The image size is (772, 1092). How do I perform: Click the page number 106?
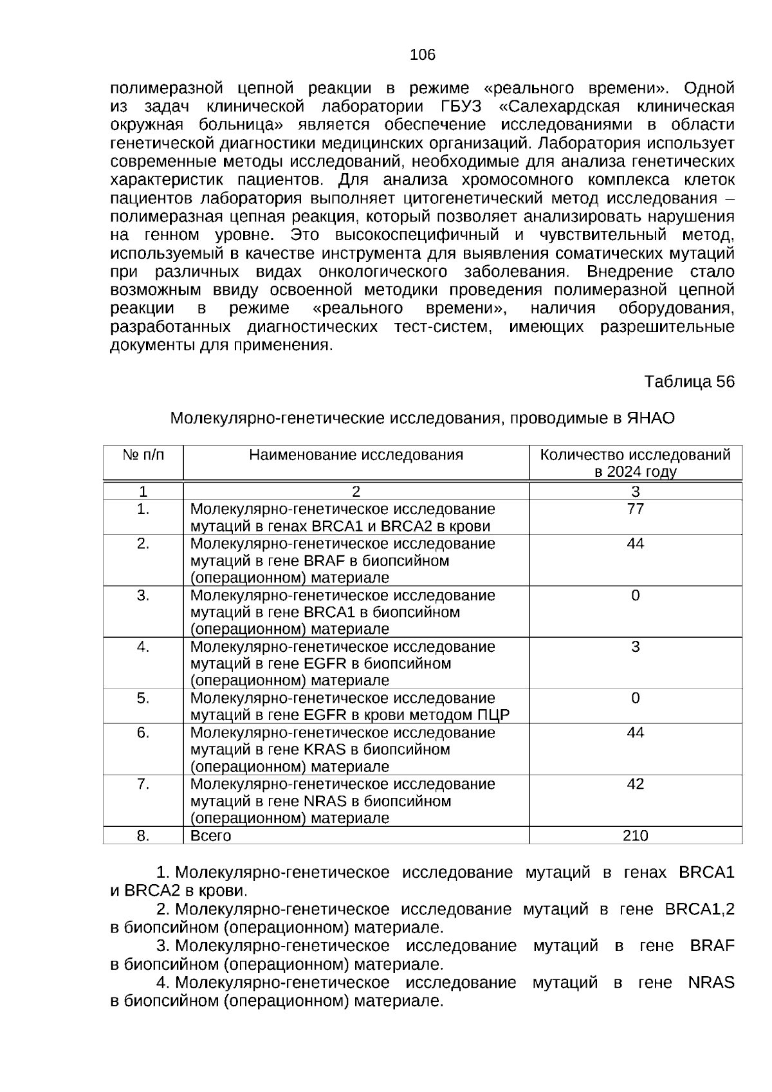(423, 55)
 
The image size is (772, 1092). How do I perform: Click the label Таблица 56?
(689, 382)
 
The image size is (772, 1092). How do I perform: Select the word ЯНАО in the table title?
(651, 418)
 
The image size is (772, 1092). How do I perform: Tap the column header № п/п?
(143, 456)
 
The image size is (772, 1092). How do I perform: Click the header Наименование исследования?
(356, 456)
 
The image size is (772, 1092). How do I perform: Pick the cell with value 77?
(635, 510)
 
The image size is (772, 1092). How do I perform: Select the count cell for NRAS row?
(635, 784)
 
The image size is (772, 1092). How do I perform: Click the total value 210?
(635, 836)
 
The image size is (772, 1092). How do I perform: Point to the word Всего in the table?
(210, 836)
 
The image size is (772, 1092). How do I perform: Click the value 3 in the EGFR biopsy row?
(635, 647)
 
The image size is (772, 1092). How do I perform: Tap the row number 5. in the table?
(143, 698)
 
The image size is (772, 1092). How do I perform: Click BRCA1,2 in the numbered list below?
(699, 909)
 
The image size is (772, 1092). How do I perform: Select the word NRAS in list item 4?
(711, 983)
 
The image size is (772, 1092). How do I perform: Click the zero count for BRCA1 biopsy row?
(635, 595)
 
